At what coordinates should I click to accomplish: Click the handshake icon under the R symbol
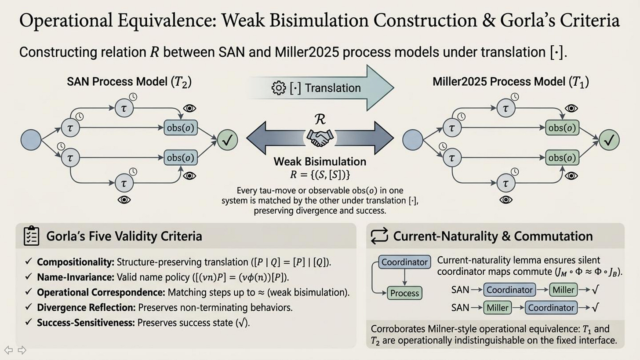click(x=320, y=138)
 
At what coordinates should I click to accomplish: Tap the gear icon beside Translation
click(x=279, y=88)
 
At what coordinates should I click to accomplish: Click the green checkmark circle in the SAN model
click(x=228, y=140)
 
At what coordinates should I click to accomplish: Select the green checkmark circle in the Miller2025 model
click(x=609, y=140)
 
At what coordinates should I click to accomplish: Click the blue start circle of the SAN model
click(x=31, y=140)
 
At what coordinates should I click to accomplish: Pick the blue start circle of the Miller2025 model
click(x=413, y=140)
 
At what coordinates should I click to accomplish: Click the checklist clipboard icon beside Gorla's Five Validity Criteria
click(x=31, y=236)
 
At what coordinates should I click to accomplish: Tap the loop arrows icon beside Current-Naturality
click(x=380, y=236)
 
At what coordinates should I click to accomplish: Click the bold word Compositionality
click(x=75, y=262)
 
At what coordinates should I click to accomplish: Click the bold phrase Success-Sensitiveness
click(x=86, y=323)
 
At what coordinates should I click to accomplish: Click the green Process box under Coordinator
click(x=404, y=293)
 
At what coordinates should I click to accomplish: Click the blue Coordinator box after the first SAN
click(x=509, y=290)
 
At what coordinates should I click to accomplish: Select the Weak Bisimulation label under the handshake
click(x=320, y=161)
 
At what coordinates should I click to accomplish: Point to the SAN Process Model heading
click(x=129, y=82)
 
